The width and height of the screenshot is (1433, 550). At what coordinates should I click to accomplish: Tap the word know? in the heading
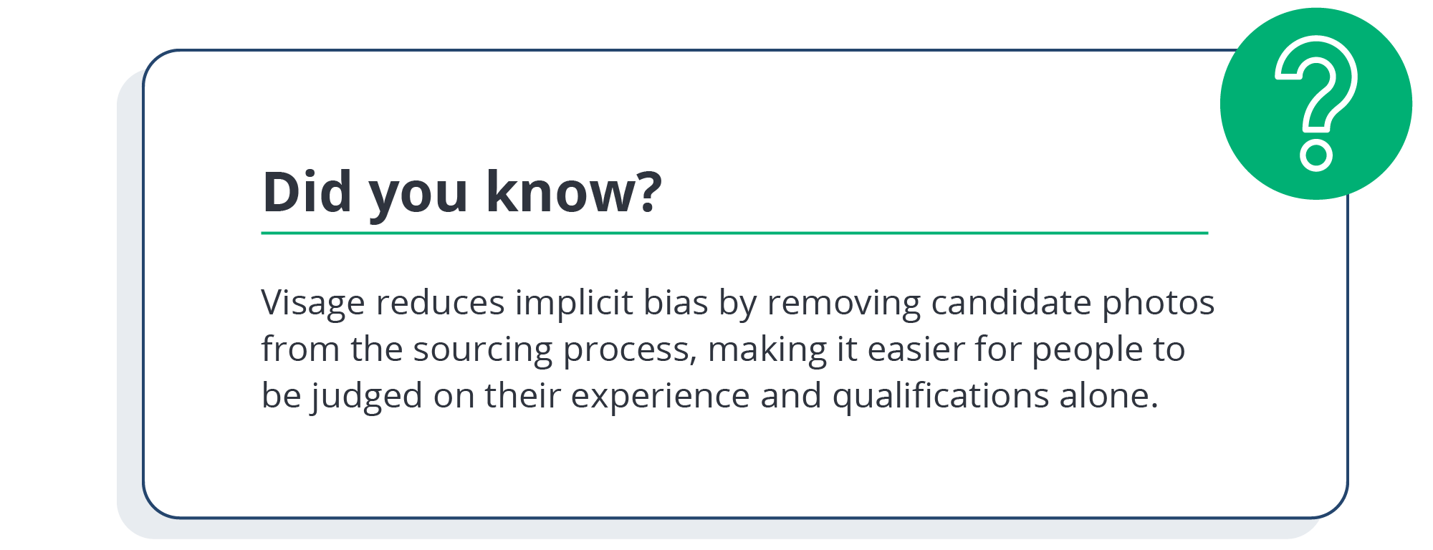coord(574,191)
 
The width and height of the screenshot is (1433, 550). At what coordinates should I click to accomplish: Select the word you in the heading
coord(418,197)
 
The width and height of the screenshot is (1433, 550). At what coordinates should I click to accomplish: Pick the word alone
coord(1108,395)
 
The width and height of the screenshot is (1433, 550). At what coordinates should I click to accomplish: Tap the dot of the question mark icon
coord(1316,155)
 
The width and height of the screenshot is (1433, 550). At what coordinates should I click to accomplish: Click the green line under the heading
coord(734,233)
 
